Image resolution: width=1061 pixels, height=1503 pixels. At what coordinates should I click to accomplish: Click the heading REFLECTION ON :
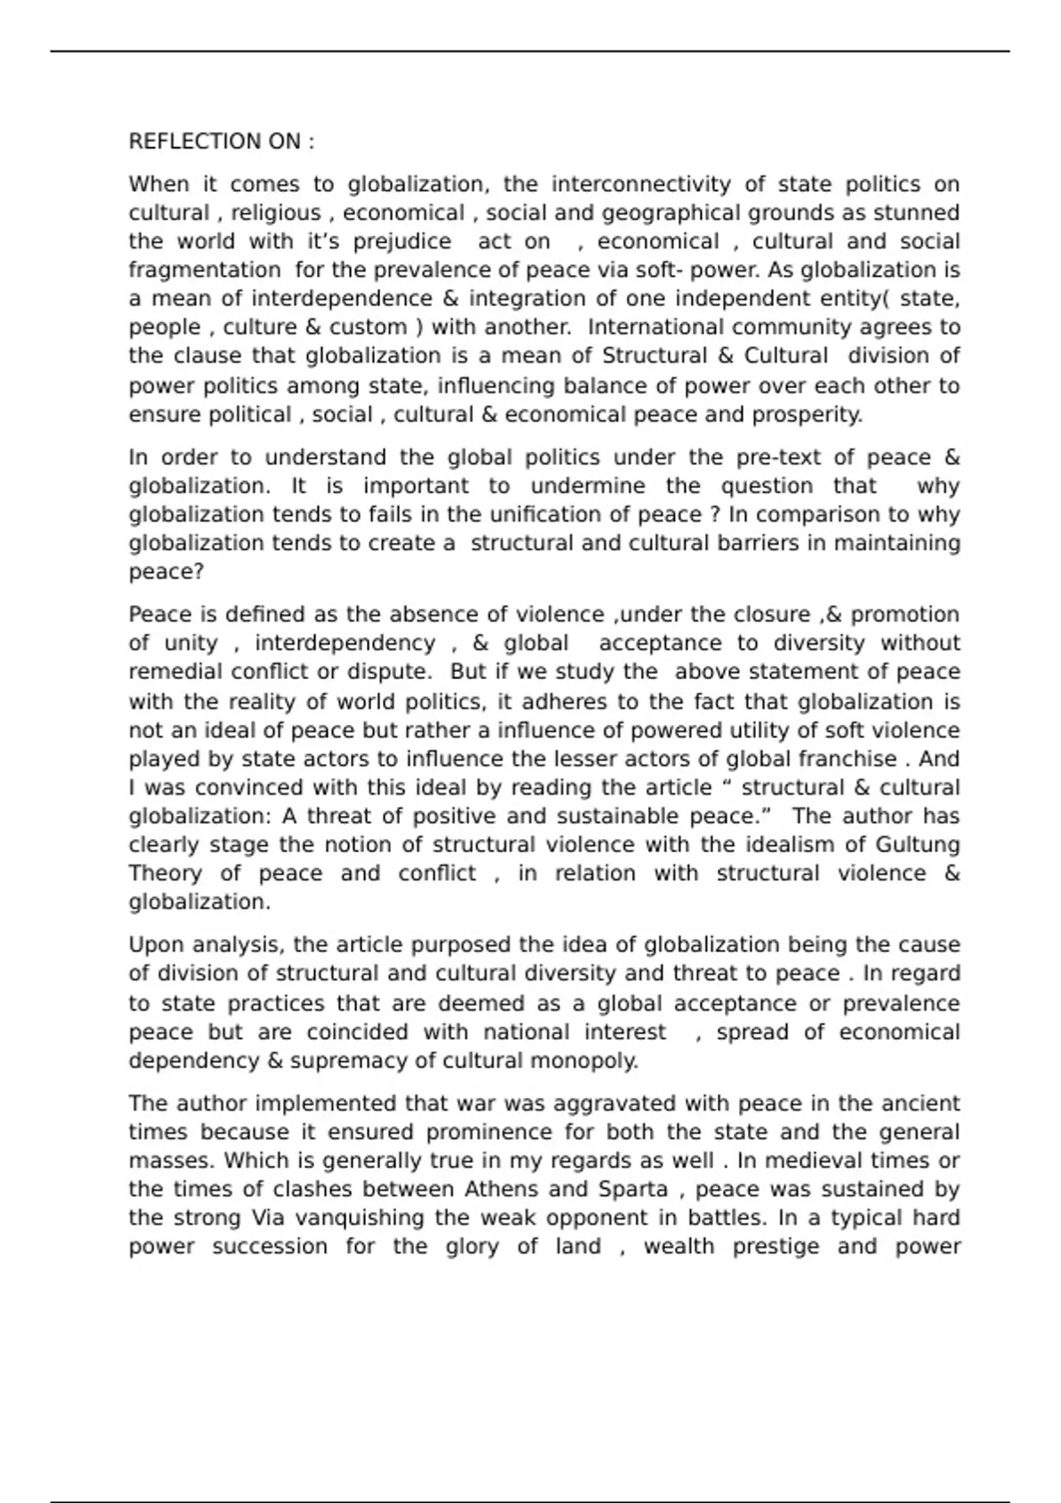coord(221,141)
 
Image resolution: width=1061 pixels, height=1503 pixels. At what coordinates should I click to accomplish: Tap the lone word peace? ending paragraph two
coord(166,572)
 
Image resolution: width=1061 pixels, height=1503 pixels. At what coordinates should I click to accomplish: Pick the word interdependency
coord(345,644)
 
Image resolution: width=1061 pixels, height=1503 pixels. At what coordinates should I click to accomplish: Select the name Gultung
coord(917,845)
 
